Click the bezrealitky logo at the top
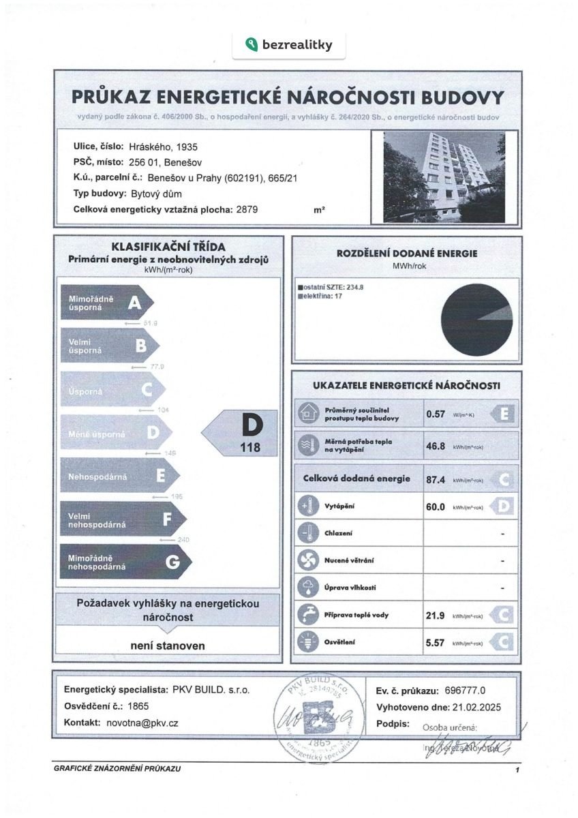pos(288,45)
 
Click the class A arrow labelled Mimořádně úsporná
pos(110,303)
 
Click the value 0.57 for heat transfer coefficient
pos(435,414)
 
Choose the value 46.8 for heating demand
pos(436,446)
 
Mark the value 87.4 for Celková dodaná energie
pos(436,479)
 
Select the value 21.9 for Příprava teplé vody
pos(436,615)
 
